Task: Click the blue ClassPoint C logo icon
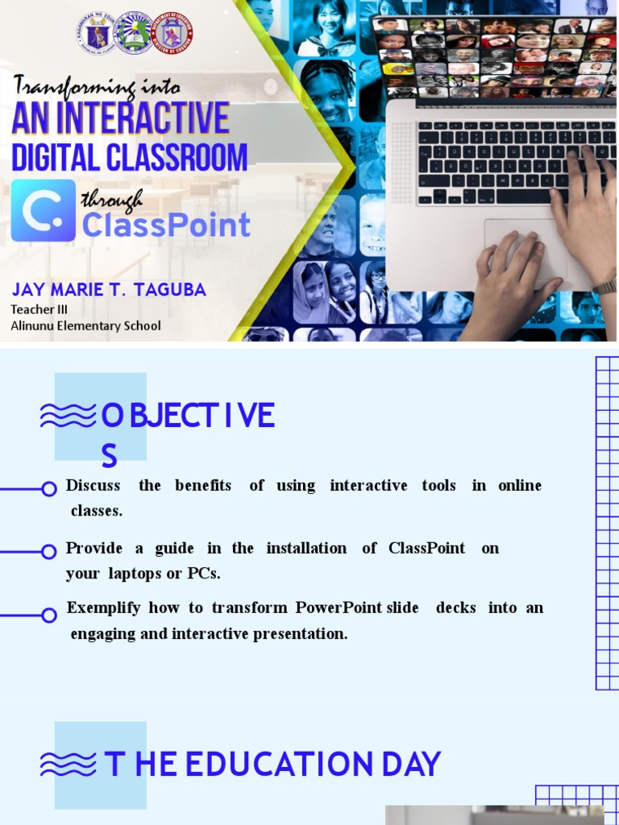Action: click(x=43, y=211)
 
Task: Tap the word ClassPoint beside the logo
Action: click(x=166, y=225)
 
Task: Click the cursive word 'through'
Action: click(x=112, y=199)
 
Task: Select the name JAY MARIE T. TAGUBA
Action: click(x=109, y=290)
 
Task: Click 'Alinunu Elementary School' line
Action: click(x=85, y=325)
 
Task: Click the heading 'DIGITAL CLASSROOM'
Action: click(x=129, y=157)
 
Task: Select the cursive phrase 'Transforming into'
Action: click(x=97, y=86)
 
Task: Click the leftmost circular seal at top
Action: click(x=97, y=32)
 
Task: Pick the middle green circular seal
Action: click(x=134, y=32)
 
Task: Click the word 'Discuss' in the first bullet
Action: click(x=93, y=485)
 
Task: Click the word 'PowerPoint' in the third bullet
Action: click(x=339, y=607)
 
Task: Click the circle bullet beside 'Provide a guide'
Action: click(x=49, y=551)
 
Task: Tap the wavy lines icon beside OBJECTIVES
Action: click(x=69, y=416)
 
